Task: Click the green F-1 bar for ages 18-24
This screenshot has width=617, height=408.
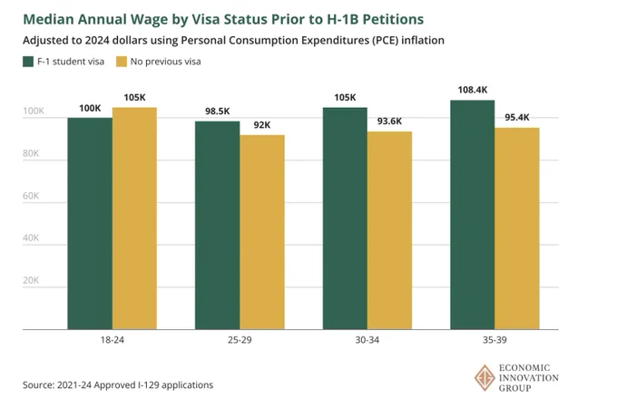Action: [90, 223]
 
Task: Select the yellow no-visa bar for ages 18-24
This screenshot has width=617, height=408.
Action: [134, 219]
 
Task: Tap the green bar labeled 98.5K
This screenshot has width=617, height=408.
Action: [217, 225]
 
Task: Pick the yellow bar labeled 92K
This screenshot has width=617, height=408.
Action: [262, 232]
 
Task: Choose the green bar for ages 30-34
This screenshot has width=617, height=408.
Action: [345, 219]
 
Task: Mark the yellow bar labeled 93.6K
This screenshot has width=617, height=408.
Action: [389, 230]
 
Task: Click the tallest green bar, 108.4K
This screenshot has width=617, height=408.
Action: [473, 215]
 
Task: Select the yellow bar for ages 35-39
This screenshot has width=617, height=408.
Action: [517, 228]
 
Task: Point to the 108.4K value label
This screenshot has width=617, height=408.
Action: [473, 90]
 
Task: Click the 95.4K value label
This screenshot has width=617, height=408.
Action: [517, 118]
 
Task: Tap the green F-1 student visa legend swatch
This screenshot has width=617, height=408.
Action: [28, 62]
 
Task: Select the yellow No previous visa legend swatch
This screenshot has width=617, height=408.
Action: [122, 62]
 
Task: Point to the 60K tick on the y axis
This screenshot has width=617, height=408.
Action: [31, 196]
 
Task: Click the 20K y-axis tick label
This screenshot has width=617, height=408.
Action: [31, 280]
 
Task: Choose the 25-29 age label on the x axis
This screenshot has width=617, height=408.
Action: [240, 340]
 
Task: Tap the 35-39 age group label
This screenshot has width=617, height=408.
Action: [495, 340]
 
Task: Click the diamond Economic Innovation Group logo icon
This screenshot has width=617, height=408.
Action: [485, 378]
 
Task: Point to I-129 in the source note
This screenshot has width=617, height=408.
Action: [149, 384]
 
